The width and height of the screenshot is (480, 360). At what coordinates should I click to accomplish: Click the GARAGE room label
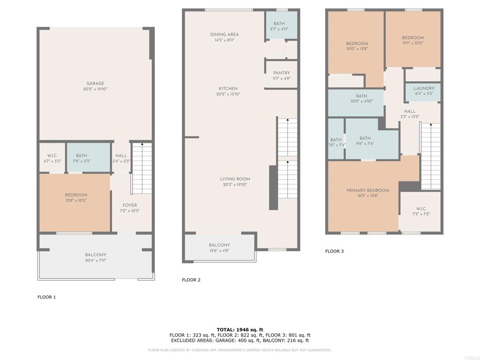click(95, 84)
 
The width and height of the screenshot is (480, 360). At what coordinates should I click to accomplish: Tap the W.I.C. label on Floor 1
click(52, 156)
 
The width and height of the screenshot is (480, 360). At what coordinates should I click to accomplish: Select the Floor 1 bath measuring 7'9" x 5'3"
click(82, 158)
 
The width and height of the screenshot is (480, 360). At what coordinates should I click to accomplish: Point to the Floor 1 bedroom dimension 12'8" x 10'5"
click(75, 200)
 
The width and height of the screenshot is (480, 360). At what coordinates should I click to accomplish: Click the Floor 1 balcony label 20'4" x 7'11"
click(96, 260)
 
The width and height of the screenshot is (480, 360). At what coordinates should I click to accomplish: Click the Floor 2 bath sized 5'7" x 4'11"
click(279, 26)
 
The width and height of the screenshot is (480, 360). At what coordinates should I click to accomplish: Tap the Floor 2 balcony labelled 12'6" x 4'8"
click(219, 247)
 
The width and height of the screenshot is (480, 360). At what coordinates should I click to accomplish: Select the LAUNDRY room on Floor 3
click(424, 90)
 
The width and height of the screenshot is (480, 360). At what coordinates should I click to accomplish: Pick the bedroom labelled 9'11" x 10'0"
click(412, 40)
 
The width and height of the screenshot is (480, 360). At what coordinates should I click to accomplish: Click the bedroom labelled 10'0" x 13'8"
click(357, 46)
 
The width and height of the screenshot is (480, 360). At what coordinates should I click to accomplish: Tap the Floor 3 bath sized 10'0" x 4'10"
click(361, 98)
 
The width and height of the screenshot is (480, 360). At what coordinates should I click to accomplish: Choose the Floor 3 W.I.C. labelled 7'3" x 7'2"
click(420, 211)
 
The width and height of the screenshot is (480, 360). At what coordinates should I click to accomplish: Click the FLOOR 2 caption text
click(191, 280)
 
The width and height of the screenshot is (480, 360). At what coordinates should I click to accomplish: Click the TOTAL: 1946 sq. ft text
click(240, 330)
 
